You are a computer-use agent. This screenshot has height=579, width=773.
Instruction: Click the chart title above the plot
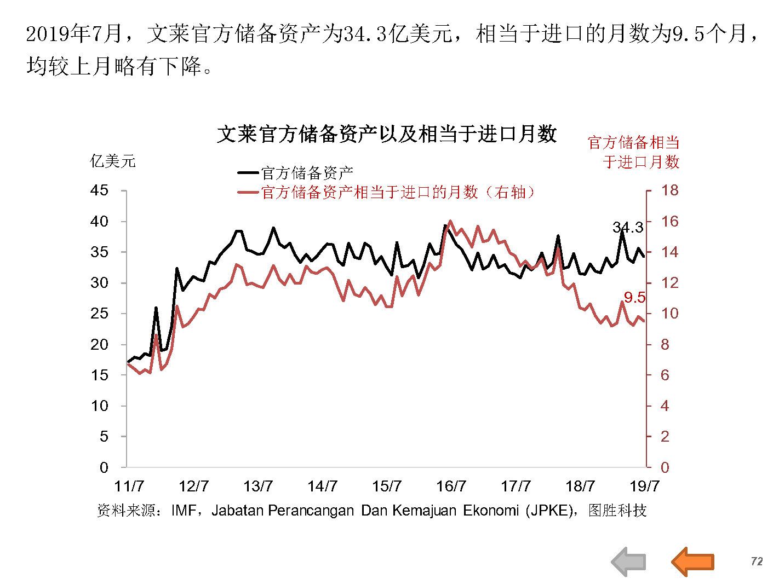(x=387, y=134)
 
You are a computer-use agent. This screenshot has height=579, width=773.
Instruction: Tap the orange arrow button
(x=693, y=561)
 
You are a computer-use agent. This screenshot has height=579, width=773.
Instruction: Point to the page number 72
(x=757, y=561)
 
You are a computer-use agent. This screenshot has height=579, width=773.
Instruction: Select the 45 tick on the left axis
(x=100, y=190)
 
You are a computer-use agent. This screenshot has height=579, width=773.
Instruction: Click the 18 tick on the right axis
(x=669, y=190)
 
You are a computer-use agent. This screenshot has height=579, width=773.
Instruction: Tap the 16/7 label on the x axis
(x=451, y=486)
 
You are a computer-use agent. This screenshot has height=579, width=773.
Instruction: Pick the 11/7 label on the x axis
(x=129, y=486)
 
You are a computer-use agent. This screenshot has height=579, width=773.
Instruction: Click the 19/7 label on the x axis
(x=644, y=486)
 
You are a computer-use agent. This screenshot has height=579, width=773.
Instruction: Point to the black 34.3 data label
(x=627, y=228)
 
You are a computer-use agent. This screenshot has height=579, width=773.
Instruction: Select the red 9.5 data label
(x=634, y=298)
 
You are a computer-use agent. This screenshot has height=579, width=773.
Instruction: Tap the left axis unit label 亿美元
(x=112, y=161)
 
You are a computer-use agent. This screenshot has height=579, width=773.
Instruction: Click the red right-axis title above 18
(x=634, y=152)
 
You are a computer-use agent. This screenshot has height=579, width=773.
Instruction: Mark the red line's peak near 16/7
(x=450, y=222)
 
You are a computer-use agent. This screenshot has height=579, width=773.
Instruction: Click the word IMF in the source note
(x=183, y=511)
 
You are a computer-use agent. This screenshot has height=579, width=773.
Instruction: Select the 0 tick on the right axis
(x=665, y=467)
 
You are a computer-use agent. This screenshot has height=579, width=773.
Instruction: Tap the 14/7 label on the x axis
(x=322, y=486)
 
